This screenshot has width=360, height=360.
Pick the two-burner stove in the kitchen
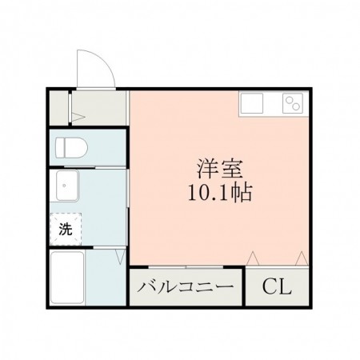pos(292,103)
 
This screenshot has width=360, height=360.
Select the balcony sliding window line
pos(187,266)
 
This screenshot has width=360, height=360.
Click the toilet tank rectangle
pos(60,147)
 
